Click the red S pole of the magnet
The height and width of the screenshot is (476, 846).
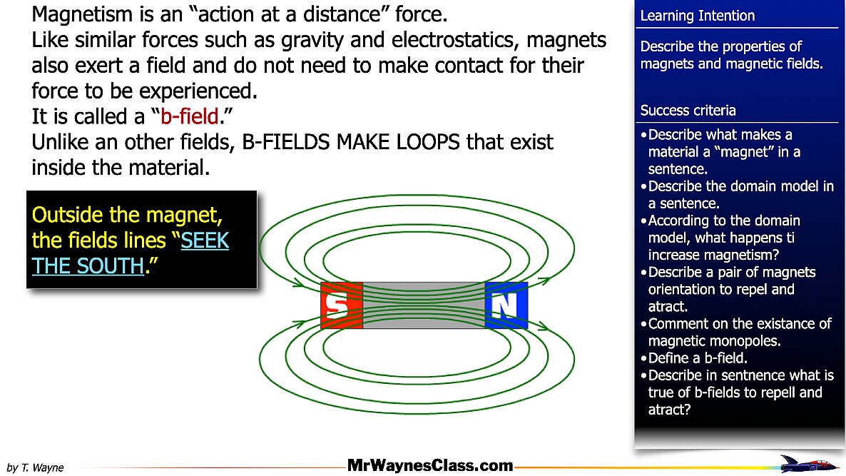click(342, 305)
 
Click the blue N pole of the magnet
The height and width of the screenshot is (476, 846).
click(506, 305)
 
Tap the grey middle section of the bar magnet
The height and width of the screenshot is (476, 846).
click(424, 305)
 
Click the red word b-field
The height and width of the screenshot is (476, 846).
click(189, 116)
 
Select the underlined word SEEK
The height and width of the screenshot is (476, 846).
click(205, 240)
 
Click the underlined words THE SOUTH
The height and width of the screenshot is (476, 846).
click(88, 265)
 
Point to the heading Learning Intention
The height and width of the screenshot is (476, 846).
click(697, 16)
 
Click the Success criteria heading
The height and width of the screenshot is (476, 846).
click(688, 110)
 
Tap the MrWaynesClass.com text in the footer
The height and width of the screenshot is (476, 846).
click(430, 465)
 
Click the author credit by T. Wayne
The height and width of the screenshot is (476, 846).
click(35, 467)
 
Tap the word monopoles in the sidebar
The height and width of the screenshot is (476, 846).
click(754, 341)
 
